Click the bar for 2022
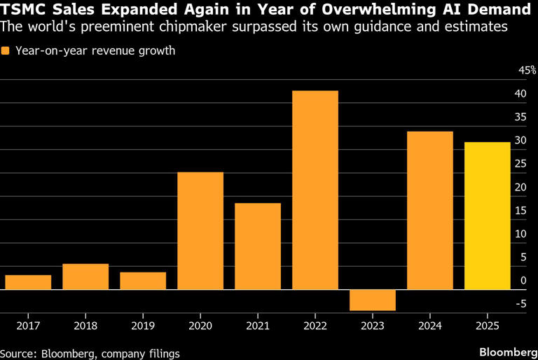[315, 190]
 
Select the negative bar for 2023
[373, 300]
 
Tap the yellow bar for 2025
[488, 216]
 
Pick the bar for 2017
[28, 282]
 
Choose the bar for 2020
[200, 230]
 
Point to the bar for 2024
[430, 210]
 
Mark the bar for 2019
[143, 281]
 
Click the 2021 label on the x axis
[258, 326]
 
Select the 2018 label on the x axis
[85, 326]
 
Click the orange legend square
[6, 51]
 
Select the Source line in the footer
[90, 354]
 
